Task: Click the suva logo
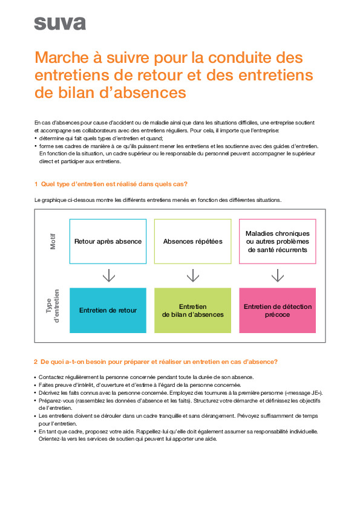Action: (x=60, y=24)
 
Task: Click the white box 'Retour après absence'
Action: (x=108, y=241)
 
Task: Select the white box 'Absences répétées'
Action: (x=193, y=241)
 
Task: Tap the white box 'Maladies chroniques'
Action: (x=278, y=241)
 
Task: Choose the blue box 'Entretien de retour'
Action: (x=108, y=310)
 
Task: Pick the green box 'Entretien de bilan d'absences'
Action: (x=193, y=310)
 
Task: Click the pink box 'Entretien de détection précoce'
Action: (x=278, y=310)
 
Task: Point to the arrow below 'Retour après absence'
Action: (x=108, y=276)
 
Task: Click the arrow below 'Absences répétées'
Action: (x=193, y=276)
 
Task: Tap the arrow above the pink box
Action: (x=278, y=276)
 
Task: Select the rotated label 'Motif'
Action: (x=53, y=242)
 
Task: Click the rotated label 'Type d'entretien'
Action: (x=53, y=310)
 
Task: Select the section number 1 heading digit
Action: (x=36, y=184)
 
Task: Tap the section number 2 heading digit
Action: (x=36, y=361)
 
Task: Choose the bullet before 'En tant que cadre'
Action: (x=35, y=432)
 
